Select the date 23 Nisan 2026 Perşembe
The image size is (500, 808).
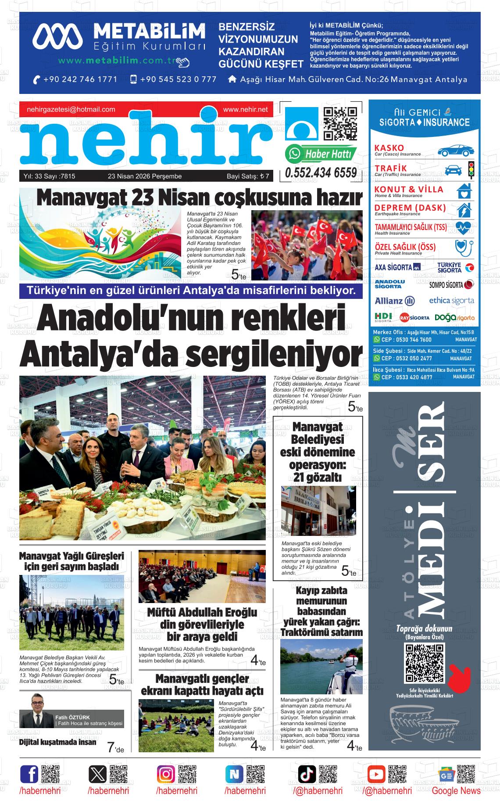[x=145, y=176]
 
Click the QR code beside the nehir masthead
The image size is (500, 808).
[x=340, y=124]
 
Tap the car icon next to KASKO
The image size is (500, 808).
[x=455, y=151]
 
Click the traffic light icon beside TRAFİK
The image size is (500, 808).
[x=471, y=169]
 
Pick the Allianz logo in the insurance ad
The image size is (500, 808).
[x=395, y=301]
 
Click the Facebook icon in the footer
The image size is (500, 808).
[x=29, y=774]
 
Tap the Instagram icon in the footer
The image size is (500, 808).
[x=166, y=774]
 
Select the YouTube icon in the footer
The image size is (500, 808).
[x=376, y=774]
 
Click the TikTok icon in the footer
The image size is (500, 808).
[x=307, y=774]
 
